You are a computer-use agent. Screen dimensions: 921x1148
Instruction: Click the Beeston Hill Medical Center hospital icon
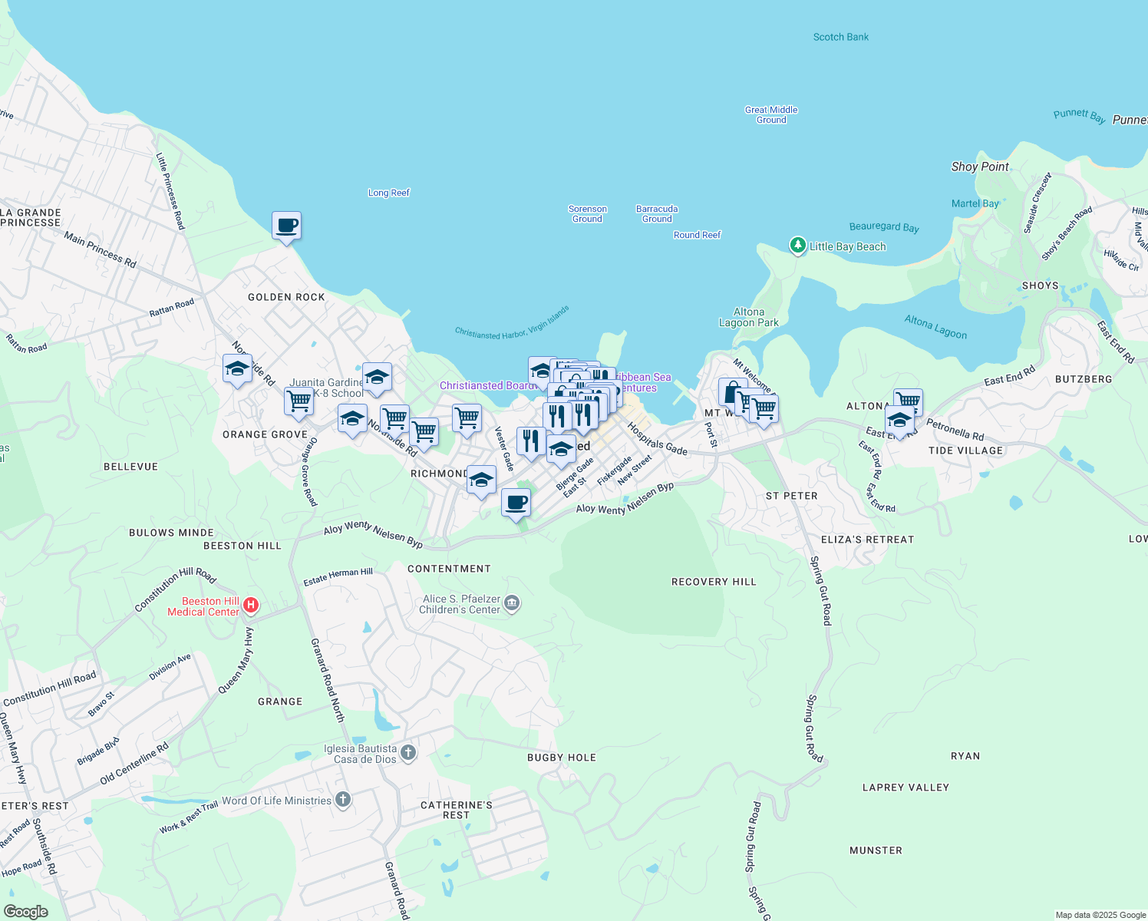tap(250, 606)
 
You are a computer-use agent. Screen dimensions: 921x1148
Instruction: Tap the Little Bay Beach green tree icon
tap(798, 246)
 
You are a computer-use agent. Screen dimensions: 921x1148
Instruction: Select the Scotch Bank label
tap(841, 37)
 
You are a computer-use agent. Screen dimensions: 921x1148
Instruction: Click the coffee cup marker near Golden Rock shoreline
tap(286, 226)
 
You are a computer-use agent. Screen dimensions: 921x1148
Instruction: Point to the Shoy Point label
tap(980, 167)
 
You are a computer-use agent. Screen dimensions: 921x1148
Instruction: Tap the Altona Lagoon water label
tap(935, 327)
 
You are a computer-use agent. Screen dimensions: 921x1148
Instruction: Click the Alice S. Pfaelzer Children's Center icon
tap(513, 604)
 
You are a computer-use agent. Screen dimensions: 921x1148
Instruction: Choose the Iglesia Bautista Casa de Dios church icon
tap(408, 753)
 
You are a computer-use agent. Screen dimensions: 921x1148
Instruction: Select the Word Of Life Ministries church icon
tap(342, 801)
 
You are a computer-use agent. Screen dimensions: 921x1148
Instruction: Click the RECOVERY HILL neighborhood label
tap(714, 582)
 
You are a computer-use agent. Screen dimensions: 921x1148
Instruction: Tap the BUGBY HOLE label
tap(562, 758)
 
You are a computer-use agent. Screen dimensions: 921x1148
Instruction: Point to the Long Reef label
tap(389, 193)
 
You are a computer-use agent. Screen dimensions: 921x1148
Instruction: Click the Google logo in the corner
tap(26, 912)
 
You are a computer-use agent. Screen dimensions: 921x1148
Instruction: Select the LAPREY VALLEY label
tap(906, 787)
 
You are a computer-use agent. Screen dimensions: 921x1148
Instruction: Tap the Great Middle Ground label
tap(771, 115)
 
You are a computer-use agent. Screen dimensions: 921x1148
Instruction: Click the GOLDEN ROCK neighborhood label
tap(286, 297)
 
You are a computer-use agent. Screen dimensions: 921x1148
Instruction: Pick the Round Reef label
tap(697, 235)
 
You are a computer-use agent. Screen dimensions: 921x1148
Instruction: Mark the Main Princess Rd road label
tap(100, 250)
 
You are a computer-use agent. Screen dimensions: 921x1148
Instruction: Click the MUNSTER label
tap(876, 850)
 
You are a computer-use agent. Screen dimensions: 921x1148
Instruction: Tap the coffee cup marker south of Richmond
tap(516, 503)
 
